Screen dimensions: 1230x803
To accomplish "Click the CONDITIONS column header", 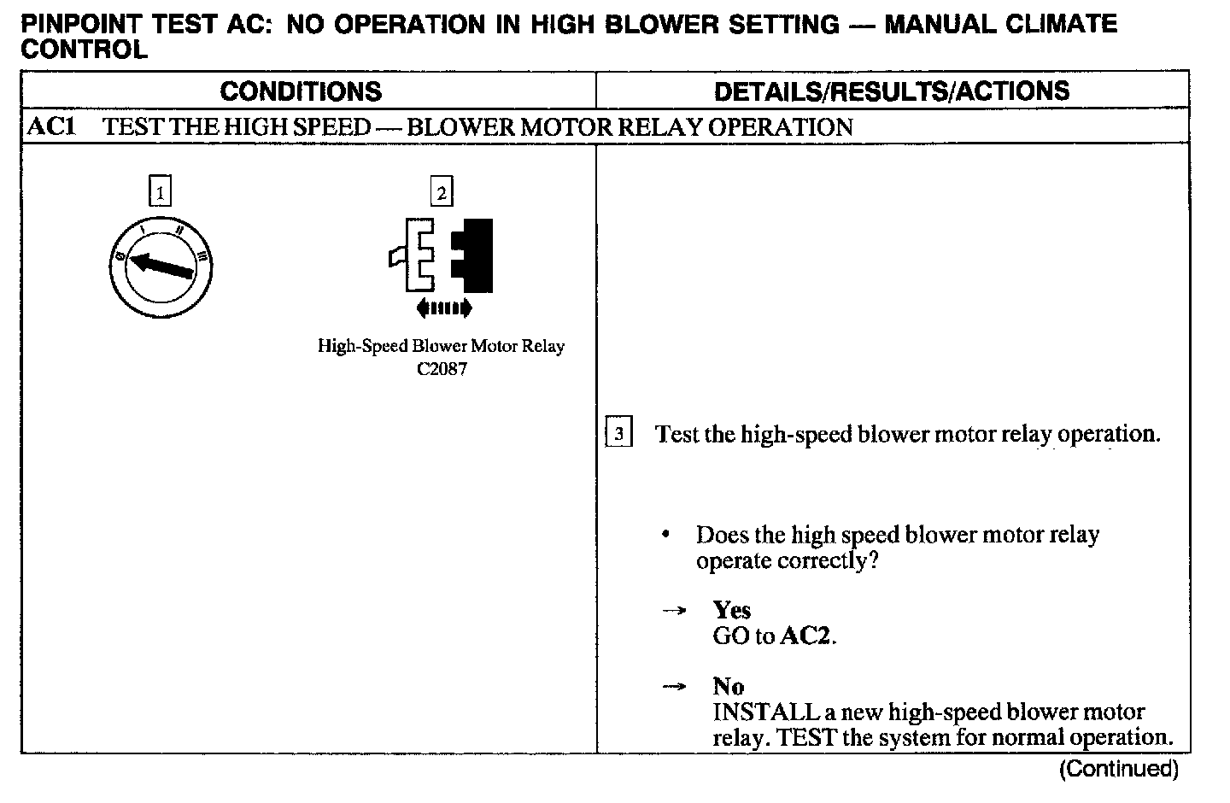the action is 301,91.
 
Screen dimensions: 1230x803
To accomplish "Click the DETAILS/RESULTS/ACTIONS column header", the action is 892,91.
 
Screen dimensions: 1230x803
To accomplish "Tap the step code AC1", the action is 52,127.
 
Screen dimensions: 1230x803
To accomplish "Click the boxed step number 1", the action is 160,190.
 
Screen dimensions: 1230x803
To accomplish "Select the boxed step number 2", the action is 441,191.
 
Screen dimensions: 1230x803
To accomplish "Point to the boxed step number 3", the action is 618,434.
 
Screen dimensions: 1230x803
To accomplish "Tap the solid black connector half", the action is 474,256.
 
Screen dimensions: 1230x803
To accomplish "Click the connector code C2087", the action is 441,369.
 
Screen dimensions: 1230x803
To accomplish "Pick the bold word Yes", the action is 732,610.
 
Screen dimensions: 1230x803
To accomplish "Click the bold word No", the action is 729,686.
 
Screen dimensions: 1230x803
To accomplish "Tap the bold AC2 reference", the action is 805,636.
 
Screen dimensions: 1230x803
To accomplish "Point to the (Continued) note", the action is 1118,769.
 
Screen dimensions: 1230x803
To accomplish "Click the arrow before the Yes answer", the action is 674,611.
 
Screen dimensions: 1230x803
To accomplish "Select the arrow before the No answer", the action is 674,687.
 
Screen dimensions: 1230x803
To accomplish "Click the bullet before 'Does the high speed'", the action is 666,536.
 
